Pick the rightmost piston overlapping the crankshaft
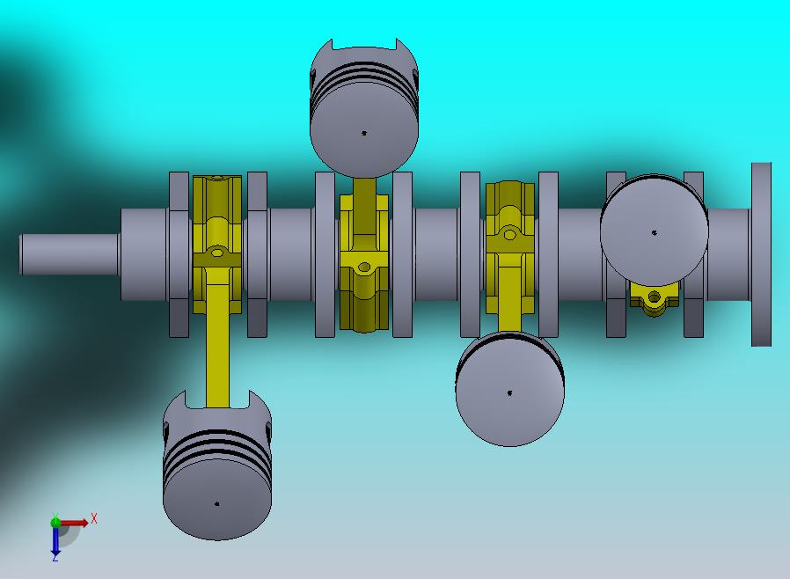point(655,227)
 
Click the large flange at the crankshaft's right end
point(761,254)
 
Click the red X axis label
point(94,518)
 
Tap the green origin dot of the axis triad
point(55,522)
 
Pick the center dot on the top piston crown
point(364,134)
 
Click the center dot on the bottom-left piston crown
point(217,504)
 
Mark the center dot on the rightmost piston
point(655,233)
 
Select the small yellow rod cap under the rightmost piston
point(654,299)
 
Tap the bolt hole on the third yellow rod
point(509,235)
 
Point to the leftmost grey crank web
point(179,254)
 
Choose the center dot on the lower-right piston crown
point(510,393)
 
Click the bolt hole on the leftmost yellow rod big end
point(217,254)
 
